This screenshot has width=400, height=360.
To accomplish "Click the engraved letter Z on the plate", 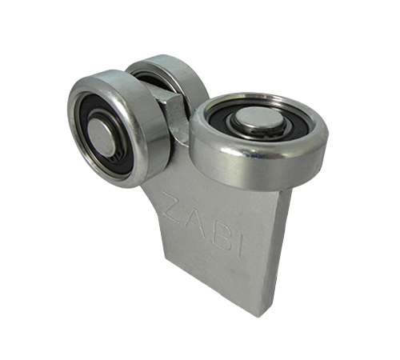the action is coord(173,207).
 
